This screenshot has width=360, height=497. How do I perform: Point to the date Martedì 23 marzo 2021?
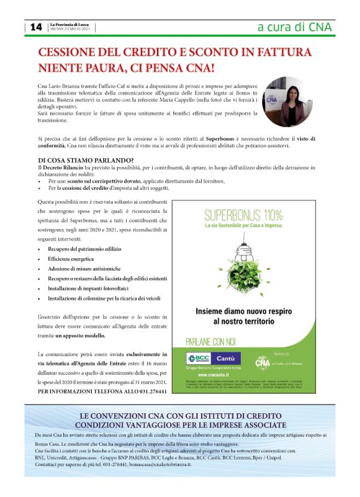70,29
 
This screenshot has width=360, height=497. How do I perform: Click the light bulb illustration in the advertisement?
244,261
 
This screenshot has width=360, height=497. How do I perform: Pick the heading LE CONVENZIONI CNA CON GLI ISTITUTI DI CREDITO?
180,415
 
